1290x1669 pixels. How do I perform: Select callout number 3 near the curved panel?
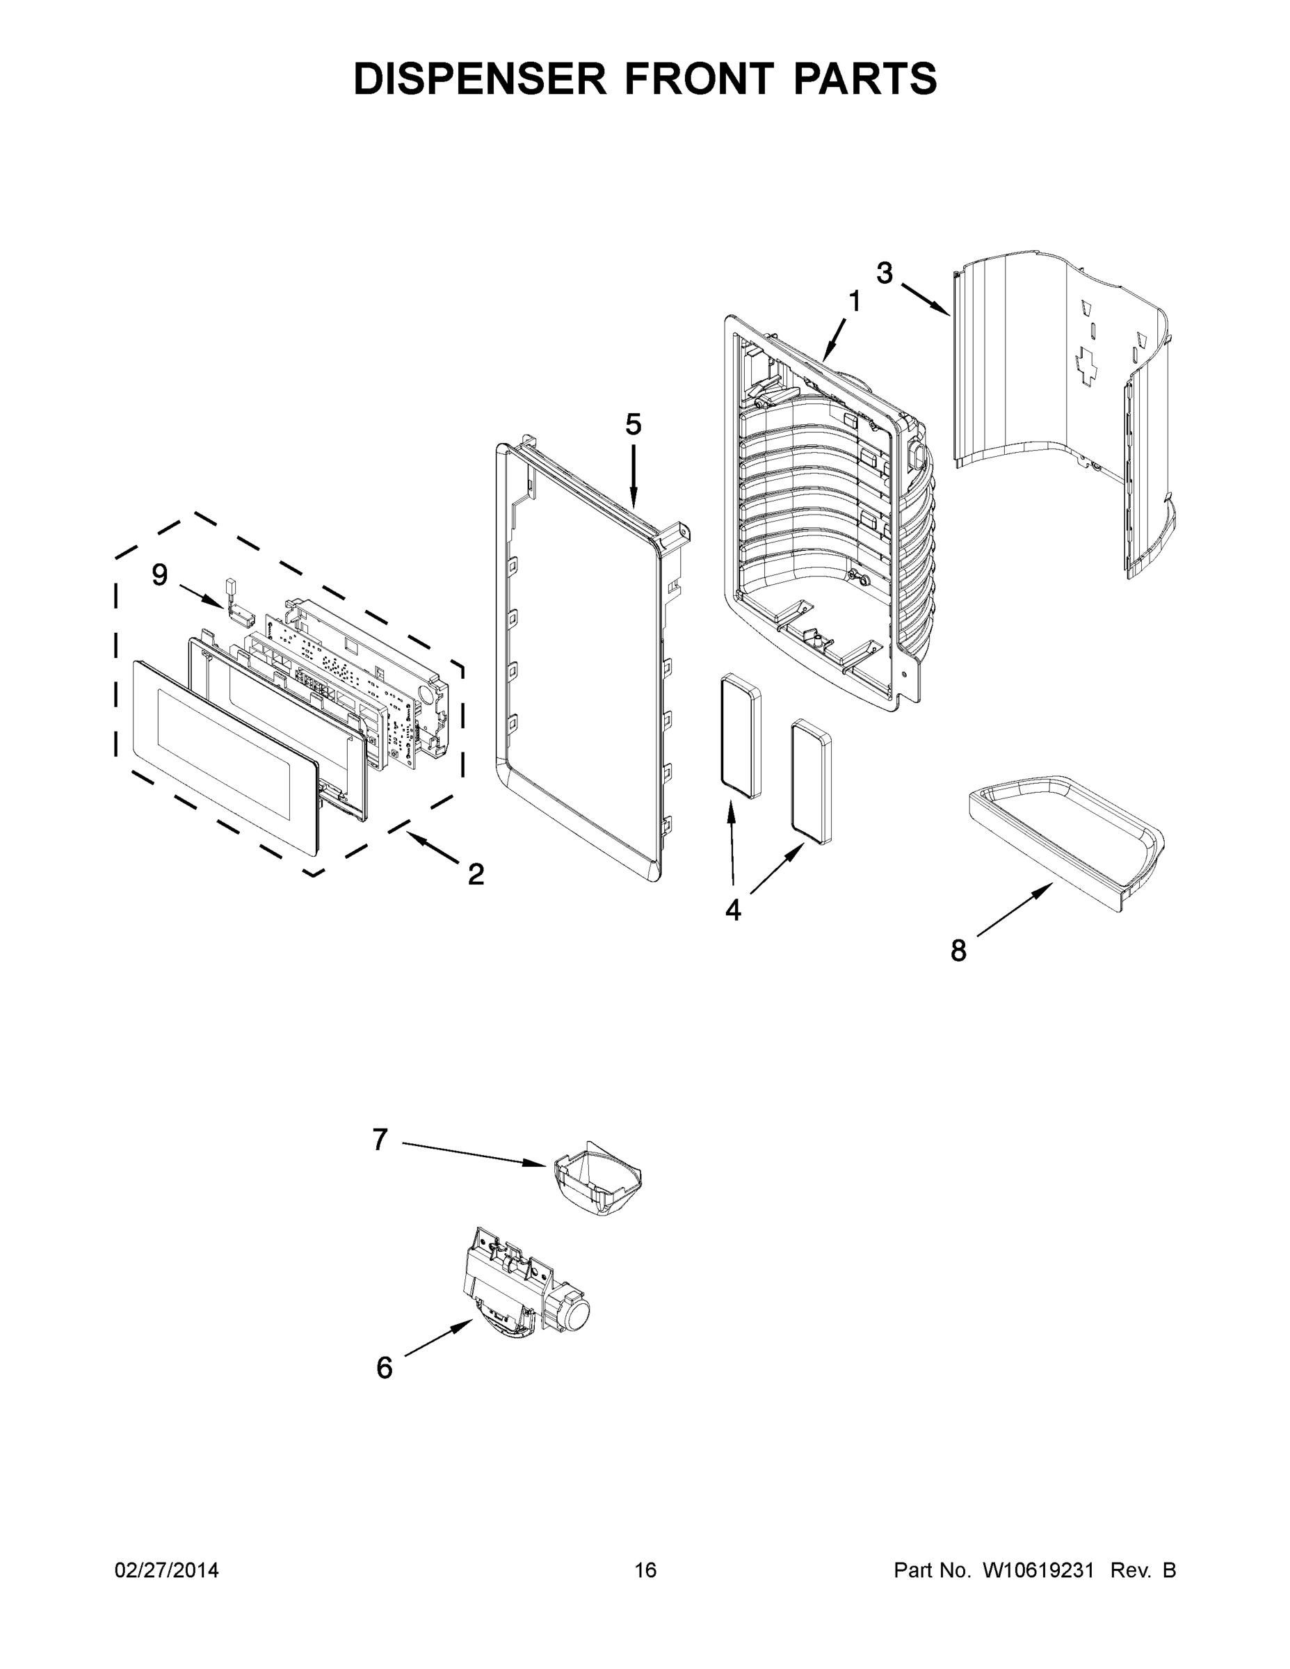tap(884, 273)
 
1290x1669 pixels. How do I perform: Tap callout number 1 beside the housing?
tap(855, 302)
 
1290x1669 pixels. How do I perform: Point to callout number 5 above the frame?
tap(633, 424)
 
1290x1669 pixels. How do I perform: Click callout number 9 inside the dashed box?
tap(159, 574)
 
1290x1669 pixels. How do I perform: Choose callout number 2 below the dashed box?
tap(476, 874)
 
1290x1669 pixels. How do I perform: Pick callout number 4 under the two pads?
tap(732, 910)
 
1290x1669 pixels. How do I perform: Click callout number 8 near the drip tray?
tap(958, 951)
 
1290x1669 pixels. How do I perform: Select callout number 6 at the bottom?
tap(385, 1368)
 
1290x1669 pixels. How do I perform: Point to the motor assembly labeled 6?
tap(527, 1284)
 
